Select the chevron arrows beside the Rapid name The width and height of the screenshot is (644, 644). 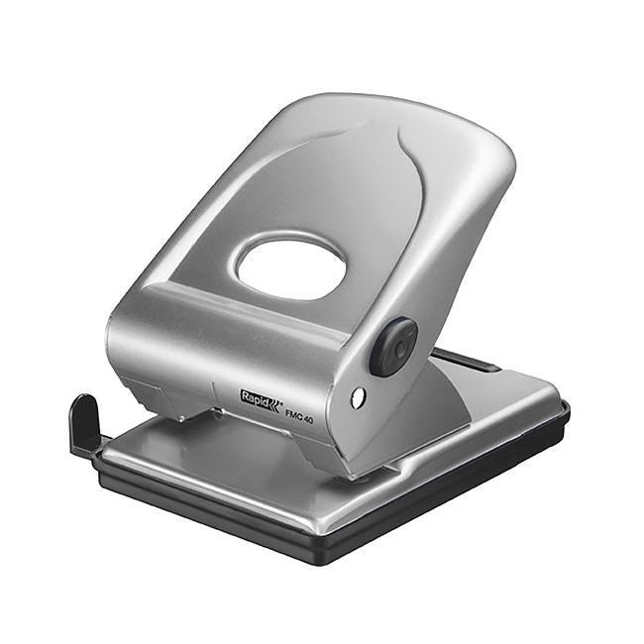click(275, 399)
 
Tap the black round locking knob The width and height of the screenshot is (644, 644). click(393, 347)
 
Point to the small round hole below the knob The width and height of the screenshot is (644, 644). click(358, 397)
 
